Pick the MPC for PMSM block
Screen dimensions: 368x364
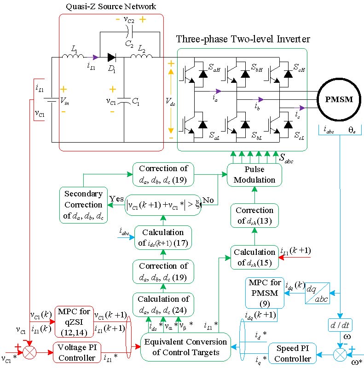point(262,293)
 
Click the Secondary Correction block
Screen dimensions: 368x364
point(83,204)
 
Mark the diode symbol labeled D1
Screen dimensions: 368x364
point(112,57)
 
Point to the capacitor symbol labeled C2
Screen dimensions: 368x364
point(129,31)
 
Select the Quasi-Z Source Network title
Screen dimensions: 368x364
point(111,6)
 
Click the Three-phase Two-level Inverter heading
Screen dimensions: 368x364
point(243,39)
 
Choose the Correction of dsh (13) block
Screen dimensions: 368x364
point(254,216)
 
